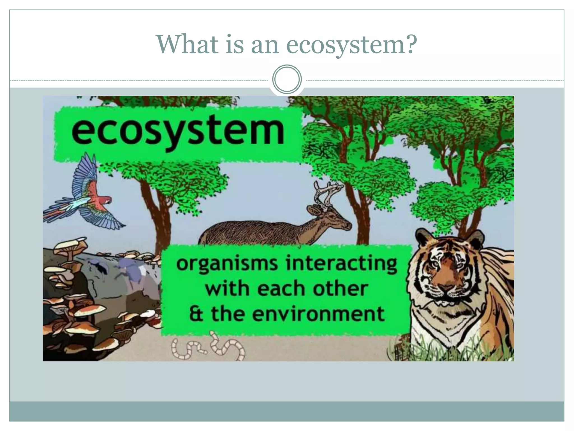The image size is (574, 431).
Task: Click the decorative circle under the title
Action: point(287,79)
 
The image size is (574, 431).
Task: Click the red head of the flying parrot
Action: point(105,200)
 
